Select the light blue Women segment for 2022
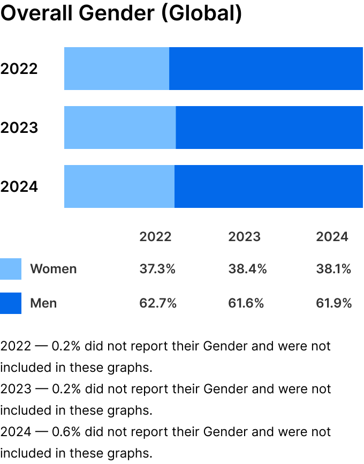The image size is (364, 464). click(117, 69)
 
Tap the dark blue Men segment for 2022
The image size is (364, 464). click(266, 69)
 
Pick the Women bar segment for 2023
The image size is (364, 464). click(120, 128)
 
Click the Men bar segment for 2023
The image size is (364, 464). click(269, 128)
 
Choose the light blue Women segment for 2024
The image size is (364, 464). click(119, 186)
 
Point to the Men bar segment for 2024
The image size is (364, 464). click(269, 186)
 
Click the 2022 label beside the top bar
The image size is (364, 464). click(19, 69)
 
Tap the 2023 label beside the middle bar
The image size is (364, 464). click(19, 128)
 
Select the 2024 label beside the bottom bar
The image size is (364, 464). click(19, 187)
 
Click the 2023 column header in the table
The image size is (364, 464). click(244, 237)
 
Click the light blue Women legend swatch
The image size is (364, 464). click(11, 269)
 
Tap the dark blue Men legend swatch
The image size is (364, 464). click(11, 303)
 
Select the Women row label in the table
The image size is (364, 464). click(54, 269)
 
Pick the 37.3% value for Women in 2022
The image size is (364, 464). click(157, 269)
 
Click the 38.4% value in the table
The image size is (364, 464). click(247, 269)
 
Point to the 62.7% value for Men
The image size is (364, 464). click(158, 303)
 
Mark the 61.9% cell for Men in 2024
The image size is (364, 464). click(334, 303)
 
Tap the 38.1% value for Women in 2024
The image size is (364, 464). click(333, 269)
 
